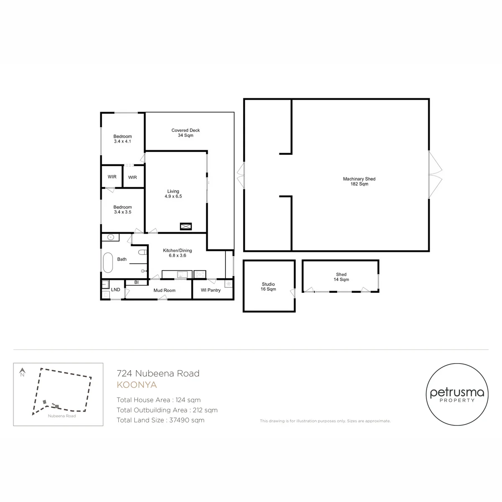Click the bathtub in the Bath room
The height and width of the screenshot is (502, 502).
point(108,262)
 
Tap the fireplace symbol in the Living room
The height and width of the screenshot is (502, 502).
point(186,226)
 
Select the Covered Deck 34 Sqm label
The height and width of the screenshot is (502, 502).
point(185,133)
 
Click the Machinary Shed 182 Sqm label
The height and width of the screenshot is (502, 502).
point(359,181)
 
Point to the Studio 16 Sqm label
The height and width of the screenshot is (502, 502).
point(268,287)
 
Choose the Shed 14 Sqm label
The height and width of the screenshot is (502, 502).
point(341,277)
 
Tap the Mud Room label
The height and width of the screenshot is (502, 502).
point(164,290)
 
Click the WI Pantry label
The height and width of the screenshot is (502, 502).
point(210,290)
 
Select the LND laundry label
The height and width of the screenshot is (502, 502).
point(115,289)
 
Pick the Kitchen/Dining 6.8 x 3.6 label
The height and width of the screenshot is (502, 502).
point(177,253)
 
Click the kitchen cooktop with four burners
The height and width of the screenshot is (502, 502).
point(200,274)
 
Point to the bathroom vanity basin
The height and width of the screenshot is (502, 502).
point(110,237)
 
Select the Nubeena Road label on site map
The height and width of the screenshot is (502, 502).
point(62,416)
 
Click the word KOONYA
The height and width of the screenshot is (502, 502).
point(137,385)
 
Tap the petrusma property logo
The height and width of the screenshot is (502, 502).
point(457,394)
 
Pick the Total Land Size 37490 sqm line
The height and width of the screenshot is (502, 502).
point(161,420)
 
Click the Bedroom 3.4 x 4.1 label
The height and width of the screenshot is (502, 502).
point(123,139)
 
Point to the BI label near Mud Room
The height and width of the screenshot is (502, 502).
point(136,282)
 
